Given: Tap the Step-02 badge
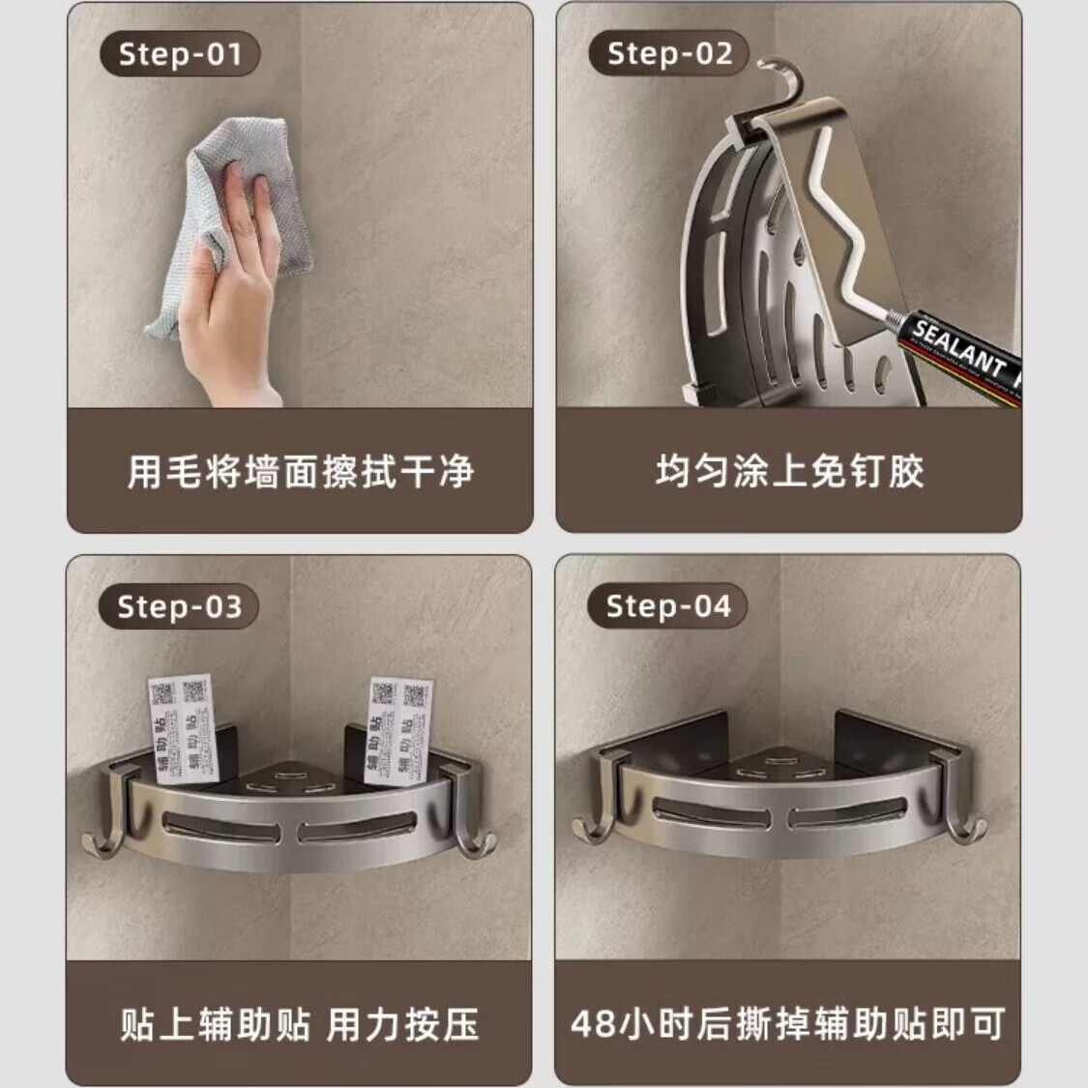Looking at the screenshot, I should [x=669, y=54].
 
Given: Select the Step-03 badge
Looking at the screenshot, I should [x=179, y=607].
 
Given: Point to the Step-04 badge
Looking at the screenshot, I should [x=668, y=607].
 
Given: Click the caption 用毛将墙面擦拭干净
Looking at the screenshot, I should [x=300, y=472].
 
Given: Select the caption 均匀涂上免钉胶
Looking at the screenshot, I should [x=789, y=472].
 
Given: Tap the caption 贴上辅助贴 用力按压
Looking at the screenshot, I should [x=300, y=1023].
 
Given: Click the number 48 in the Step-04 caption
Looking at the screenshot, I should [x=592, y=1023].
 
